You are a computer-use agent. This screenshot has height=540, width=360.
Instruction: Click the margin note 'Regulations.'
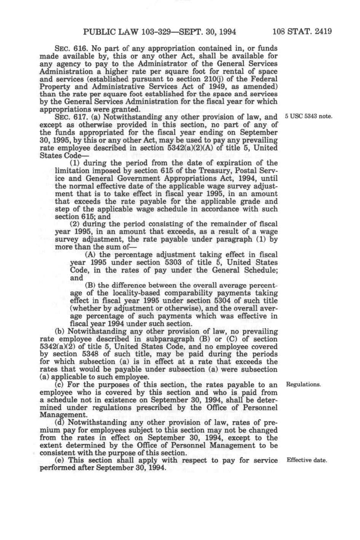(x=303, y=384)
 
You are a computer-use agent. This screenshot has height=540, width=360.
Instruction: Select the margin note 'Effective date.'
(x=306, y=460)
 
